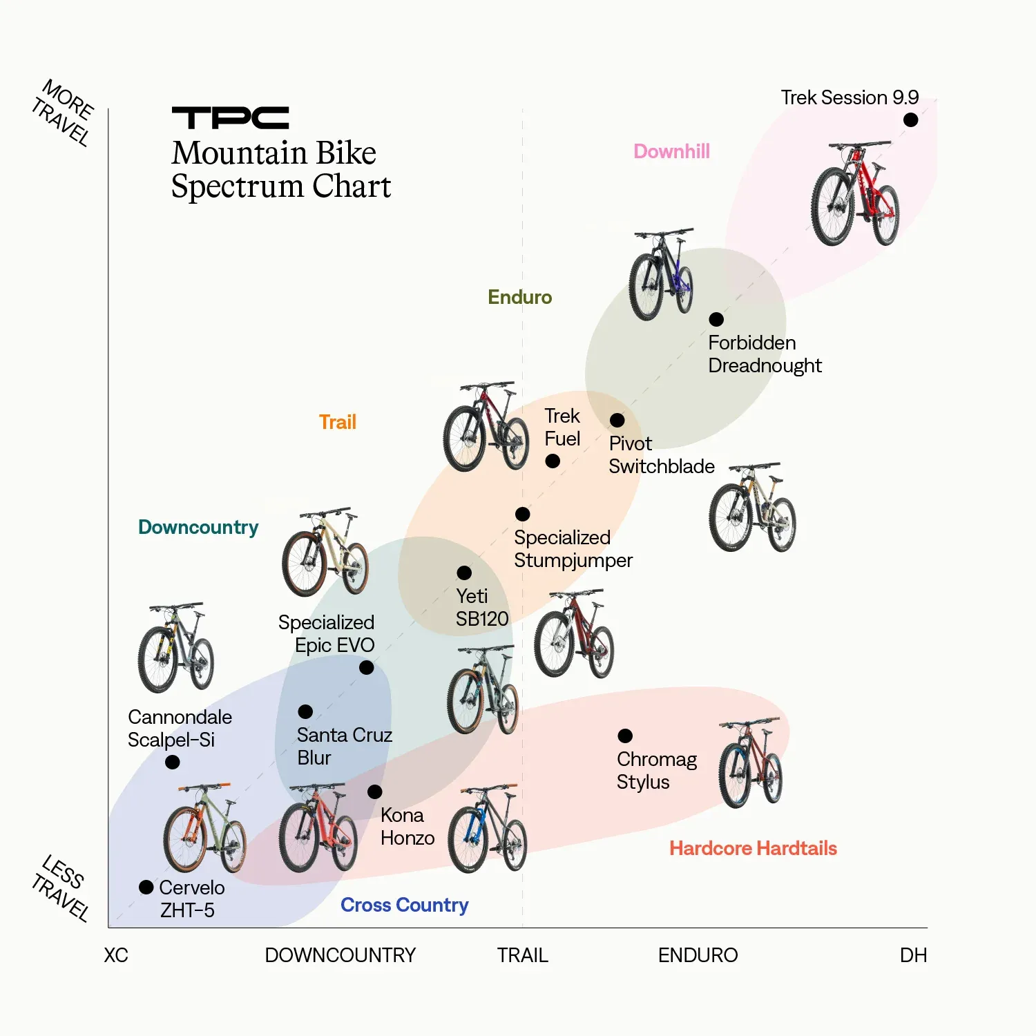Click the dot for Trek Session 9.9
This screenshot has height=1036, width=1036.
[x=910, y=120]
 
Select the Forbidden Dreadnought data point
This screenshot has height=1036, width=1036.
[x=716, y=319]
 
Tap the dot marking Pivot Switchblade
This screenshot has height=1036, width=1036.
[x=617, y=420]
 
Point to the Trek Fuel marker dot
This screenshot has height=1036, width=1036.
[x=553, y=461]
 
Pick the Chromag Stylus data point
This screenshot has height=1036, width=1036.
[x=625, y=736]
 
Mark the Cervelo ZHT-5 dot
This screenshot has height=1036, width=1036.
[x=146, y=888]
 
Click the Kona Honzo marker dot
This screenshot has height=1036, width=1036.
[x=374, y=792]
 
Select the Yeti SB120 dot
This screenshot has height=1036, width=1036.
[x=464, y=573]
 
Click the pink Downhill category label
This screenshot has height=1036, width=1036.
[x=671, y=151]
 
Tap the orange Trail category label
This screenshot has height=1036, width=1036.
[x=337, y=422]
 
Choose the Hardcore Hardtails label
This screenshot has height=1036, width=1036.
[x=753, y=848]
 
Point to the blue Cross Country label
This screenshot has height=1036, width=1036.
[x=404, y=905]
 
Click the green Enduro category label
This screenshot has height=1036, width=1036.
[x=519, y=297]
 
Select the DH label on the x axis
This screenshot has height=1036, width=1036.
[x=913, y=955]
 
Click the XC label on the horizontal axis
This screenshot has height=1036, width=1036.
[x=116, y=955]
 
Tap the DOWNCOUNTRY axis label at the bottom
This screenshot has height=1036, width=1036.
[x=340, y=955]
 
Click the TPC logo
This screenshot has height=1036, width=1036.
[x=230, y=118]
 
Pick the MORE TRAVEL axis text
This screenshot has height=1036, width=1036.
[x=63, y=113]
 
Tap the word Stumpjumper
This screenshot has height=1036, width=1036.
[x=573, y=560]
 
